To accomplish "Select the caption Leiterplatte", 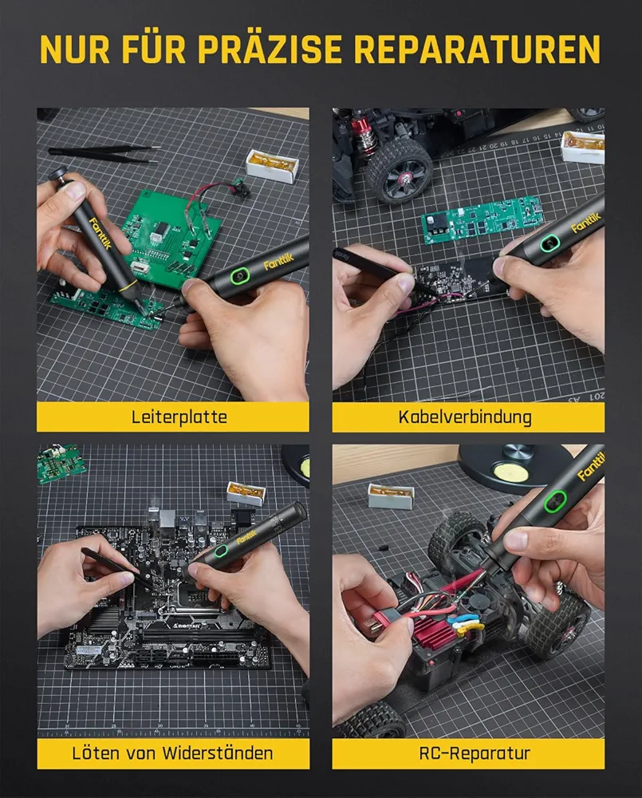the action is (179, 417).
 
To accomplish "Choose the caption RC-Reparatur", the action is (475, 753).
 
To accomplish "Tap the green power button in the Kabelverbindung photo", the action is (549, 243).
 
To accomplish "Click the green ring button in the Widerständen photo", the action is (221, 551).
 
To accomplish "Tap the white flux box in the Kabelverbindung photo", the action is (583, 147).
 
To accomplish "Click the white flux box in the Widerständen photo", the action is (246, 496).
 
